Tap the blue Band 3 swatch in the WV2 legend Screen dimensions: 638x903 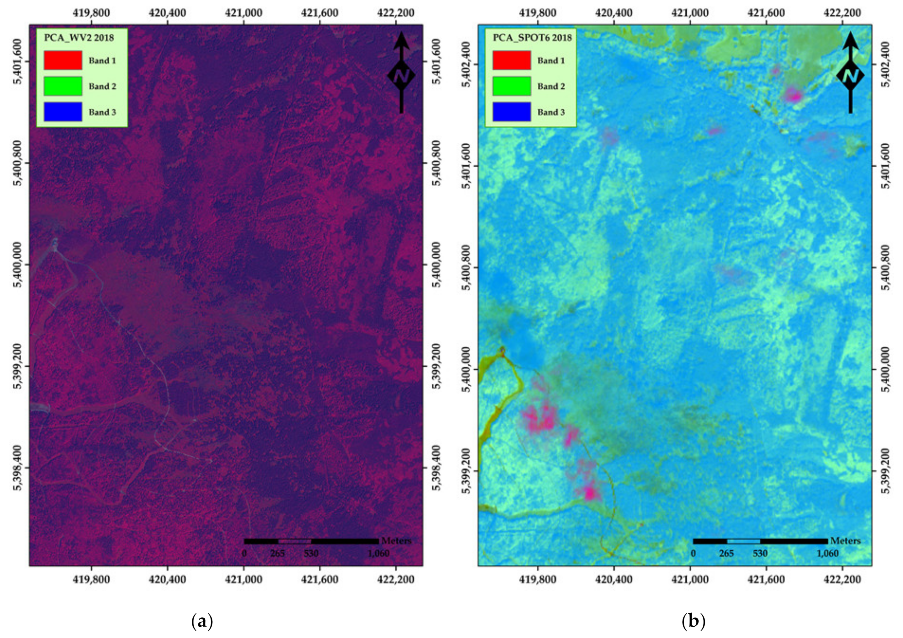click(63, 112)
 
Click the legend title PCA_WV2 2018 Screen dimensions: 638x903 click(79, 38)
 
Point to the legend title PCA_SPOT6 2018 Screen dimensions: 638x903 click(532, 38)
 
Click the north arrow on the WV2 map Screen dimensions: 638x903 click(401, 73)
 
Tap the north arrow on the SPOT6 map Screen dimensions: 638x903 click(850, 73)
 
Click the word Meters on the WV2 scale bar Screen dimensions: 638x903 click(396, 541)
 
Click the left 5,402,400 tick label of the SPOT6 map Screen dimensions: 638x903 click(467, 64)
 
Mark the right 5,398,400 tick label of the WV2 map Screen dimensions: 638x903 click(436, 468)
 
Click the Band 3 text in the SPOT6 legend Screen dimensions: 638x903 click(551, 112)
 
